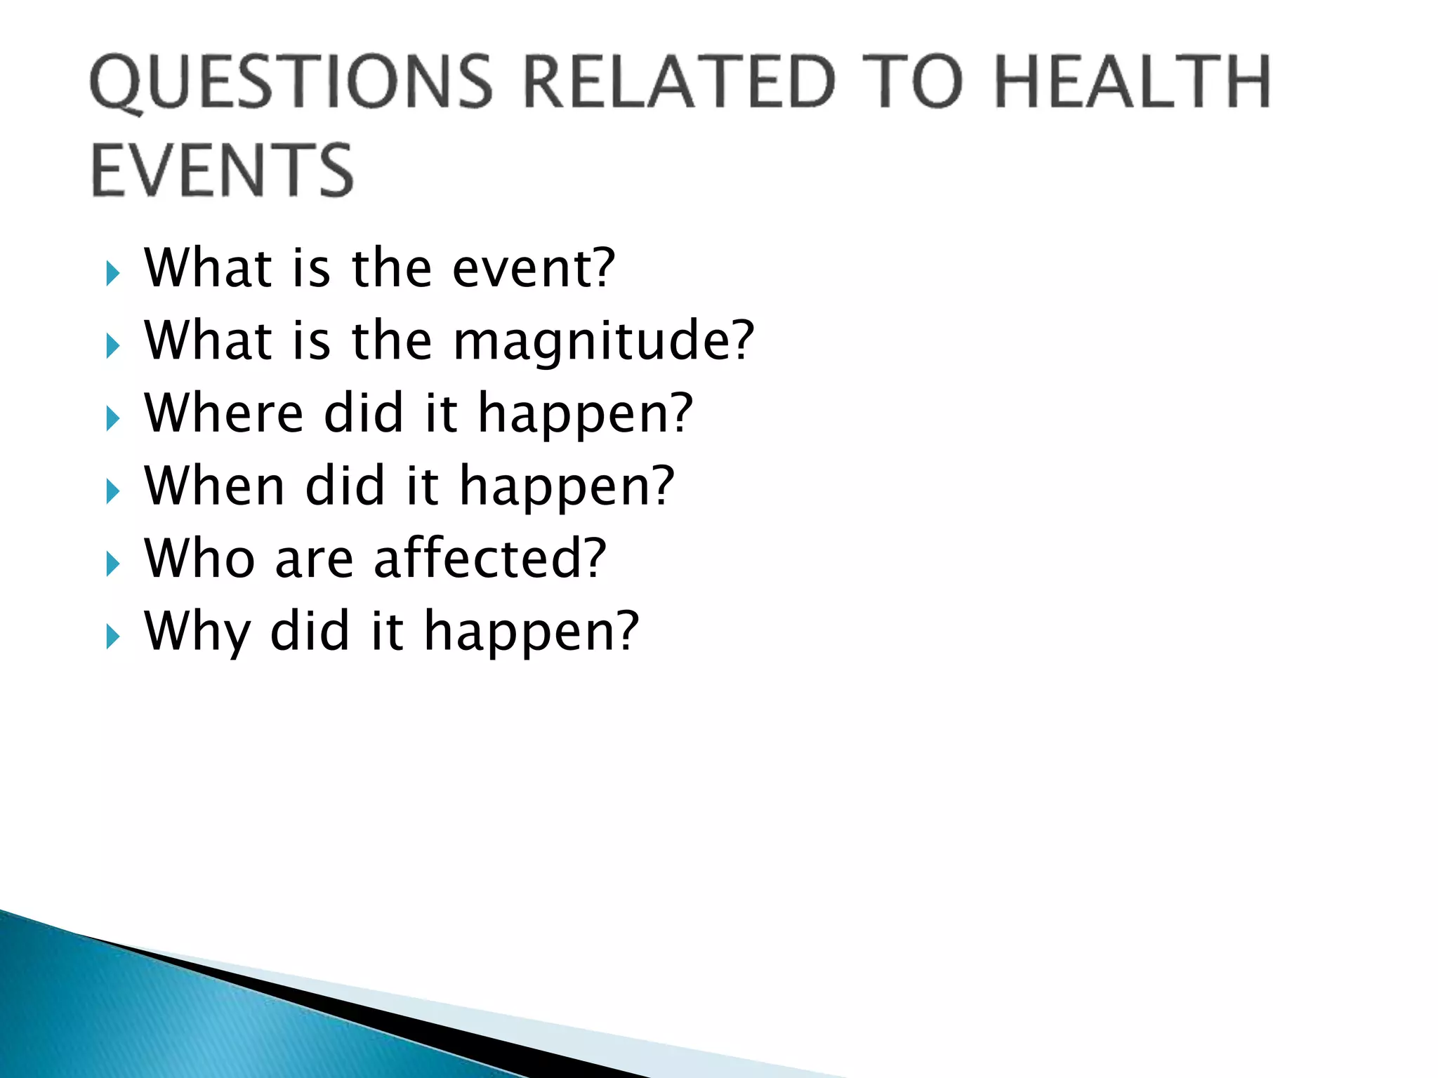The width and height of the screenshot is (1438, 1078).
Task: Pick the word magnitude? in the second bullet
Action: tap(603, 341)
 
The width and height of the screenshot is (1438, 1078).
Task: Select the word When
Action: tap(214, 486)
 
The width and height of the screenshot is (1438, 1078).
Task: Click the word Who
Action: tap(199, 559)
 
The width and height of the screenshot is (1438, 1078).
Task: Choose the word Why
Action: tap(197, 632)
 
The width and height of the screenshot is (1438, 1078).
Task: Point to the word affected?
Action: tap(489, 559)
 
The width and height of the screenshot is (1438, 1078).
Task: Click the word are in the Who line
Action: tap(314, 560)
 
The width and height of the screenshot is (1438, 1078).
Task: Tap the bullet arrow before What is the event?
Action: tap(112, 273)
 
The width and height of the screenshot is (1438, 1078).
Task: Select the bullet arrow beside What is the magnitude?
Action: tap(112, 346)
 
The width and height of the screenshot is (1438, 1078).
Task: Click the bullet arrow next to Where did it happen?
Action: tap(112, 419)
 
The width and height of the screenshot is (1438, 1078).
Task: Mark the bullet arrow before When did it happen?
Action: tap(112, 491)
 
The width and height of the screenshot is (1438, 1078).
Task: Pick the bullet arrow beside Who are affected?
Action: tap(112, 564)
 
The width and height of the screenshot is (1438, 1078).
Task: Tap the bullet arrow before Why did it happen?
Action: tap(112, 637)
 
